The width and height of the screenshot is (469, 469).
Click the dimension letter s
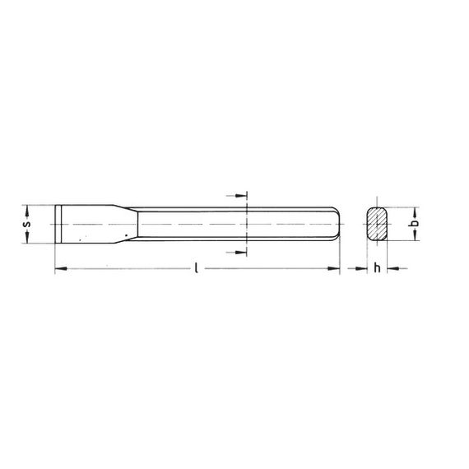click(27, 224)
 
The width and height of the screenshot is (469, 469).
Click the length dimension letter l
click(196, 267)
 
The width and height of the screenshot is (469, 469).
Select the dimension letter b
click(414, 223)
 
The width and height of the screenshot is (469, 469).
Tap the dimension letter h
click(377, 268)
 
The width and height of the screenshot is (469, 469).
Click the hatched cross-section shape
click(377, 224)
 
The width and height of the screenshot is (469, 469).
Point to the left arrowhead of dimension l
click(61, 268)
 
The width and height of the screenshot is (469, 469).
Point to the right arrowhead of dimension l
click(334, 268)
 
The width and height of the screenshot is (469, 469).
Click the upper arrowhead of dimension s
click(27, 211)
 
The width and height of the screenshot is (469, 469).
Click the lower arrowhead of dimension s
click(27, 237)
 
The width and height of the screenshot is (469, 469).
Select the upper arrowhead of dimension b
click(415, 213)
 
